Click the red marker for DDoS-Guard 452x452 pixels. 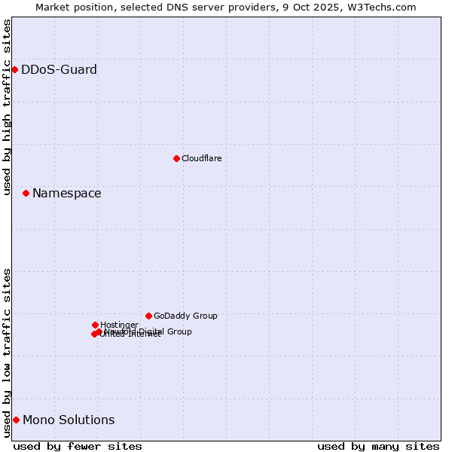(14, 70)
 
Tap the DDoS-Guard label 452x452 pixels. (59, 70)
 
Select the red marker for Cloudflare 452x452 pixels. (176, 158)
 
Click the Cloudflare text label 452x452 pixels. (201, 158)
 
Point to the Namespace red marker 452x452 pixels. (26, 194)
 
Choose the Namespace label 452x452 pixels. (66, 194)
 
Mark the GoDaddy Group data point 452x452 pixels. (148, 316)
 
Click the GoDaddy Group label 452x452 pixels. (185, 316)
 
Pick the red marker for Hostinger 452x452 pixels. (95, 325)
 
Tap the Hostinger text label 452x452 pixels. (119, 325)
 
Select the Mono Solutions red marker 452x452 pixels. (16, 420)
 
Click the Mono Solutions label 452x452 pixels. (69, 420)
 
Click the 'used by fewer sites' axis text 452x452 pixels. (78, 446)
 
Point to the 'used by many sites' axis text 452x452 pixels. (378, 446)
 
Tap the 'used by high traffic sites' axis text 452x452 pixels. (7, 107)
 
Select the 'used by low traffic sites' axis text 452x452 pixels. (7, 353)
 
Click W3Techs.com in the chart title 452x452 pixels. (384, 7)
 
